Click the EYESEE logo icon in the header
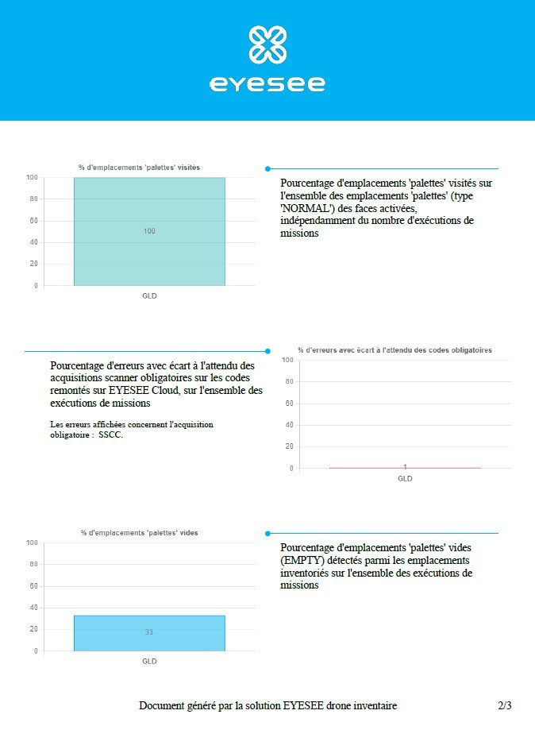[x=267, y=44]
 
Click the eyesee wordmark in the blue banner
[x=267, y=83]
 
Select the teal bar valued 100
[x=149, y=231]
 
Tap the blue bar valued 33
[x=149, y=633]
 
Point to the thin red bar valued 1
[x=405, y=468]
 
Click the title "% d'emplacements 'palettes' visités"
[x=139, y=168]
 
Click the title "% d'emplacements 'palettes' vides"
[x=139, y=533]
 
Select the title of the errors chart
[x=395, y=350]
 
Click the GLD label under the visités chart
[x=149, y=295]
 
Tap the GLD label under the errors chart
[x=405, y=479]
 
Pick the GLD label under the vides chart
[x=149, y=661]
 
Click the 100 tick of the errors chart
[x=287, y=361]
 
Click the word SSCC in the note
[x=111, y=434]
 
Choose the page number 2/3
[x=504, y=705]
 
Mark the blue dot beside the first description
[x=267, y=168]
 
